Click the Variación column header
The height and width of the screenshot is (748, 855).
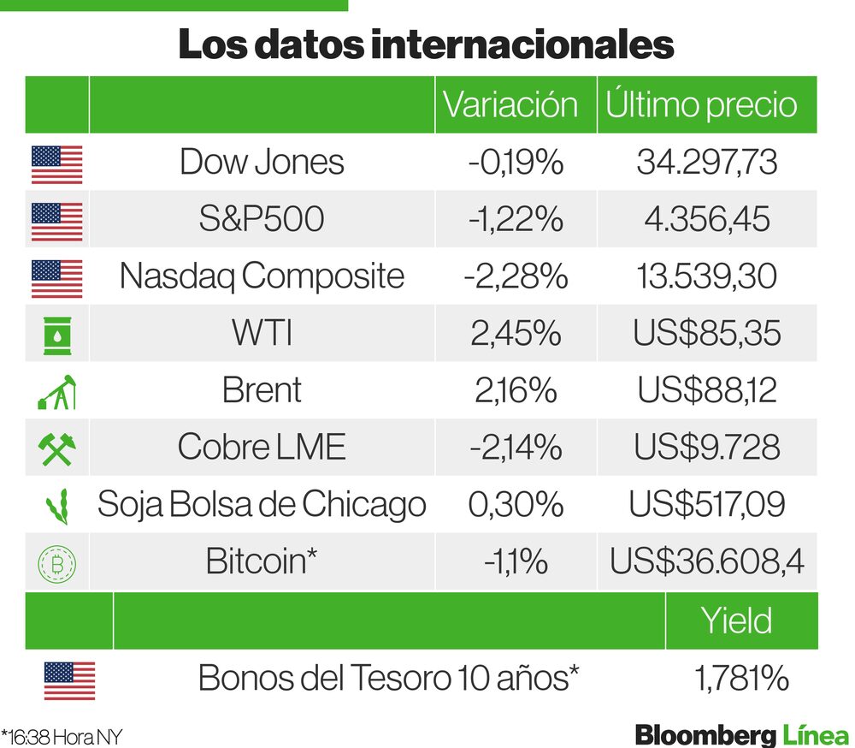pyautogui.click(x=510, y=104)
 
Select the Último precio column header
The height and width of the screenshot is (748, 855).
pyautogui.click(x=701, y=104)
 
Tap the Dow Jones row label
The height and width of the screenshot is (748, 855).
pyautogui.click(x=262, y=162)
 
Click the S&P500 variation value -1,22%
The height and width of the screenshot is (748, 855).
pyautogui.click(x=516, y=219)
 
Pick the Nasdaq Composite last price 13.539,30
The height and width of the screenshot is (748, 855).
pyautogui.click(x=706, y=276)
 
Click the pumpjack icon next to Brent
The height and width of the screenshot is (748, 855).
pyautogui.click(x=56, y=391)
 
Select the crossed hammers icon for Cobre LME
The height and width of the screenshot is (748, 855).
pyautogui.click(x=56, y=448)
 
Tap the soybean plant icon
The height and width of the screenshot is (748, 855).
pyautogui.click(x=56, y=505)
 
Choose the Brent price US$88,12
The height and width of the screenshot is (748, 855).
pyautogui.click(x=706, y=390)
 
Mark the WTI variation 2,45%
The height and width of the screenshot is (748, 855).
pyautogui.click(x=516, y=334)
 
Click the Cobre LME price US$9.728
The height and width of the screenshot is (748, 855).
pyautogui.click(x=706, y=448)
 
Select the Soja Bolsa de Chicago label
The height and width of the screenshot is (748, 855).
pyautogui.click(x=262, y=504)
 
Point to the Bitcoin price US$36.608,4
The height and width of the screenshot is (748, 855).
pyautogui.click(x=706, y=561)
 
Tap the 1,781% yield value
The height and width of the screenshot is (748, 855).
pyautogui.click(x=740, y=679)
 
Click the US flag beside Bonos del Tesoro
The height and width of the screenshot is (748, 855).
pyautogui.click(x=69, y=680)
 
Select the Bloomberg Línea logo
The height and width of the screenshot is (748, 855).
pyautogui.click(x=741, y=734)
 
